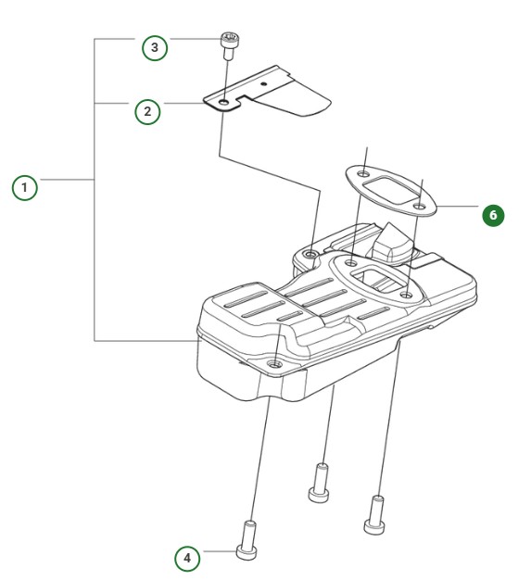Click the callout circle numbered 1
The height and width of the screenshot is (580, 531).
click(x=25, y=187)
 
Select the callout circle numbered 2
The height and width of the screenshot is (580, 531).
click(x=147, y=112)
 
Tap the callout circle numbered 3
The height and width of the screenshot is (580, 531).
click(x=155, y=47)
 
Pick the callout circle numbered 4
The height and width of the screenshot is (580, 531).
click(x=188, y=558)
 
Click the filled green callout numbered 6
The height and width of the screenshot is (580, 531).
click(x=492, y=215)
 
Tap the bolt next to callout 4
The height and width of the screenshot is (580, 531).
click(x=248, y=539)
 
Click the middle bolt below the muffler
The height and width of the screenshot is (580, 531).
click(x=321, y=481)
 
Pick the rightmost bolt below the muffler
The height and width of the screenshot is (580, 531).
click(x=375, y=513)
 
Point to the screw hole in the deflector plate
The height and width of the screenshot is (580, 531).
click(x=225, y=96)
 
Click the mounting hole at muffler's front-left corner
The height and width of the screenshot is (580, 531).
click(x=274, y=365)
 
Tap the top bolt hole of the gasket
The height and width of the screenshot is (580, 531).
click(x=365, y=173)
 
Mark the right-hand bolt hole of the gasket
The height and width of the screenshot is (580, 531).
click(x=419, y=206)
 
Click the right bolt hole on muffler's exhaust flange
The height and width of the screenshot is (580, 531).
click(x=407, y=296)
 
